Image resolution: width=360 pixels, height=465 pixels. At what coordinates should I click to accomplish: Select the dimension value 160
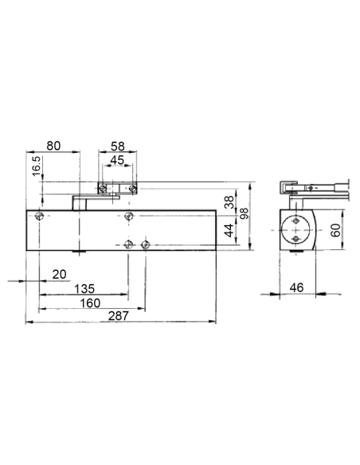click(89, 303)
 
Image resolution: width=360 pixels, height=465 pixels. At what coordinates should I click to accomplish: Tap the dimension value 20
click(60, 274)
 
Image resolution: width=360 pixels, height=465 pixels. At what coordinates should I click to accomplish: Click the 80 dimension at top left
click(54, 146)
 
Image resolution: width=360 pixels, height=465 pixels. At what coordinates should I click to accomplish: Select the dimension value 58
click(116, 146)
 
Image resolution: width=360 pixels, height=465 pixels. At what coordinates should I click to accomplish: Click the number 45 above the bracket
click(116, 160)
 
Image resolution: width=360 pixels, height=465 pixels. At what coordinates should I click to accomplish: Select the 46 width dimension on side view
click(296, 287)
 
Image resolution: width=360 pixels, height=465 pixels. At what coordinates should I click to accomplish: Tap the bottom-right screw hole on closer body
click(146, 244)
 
